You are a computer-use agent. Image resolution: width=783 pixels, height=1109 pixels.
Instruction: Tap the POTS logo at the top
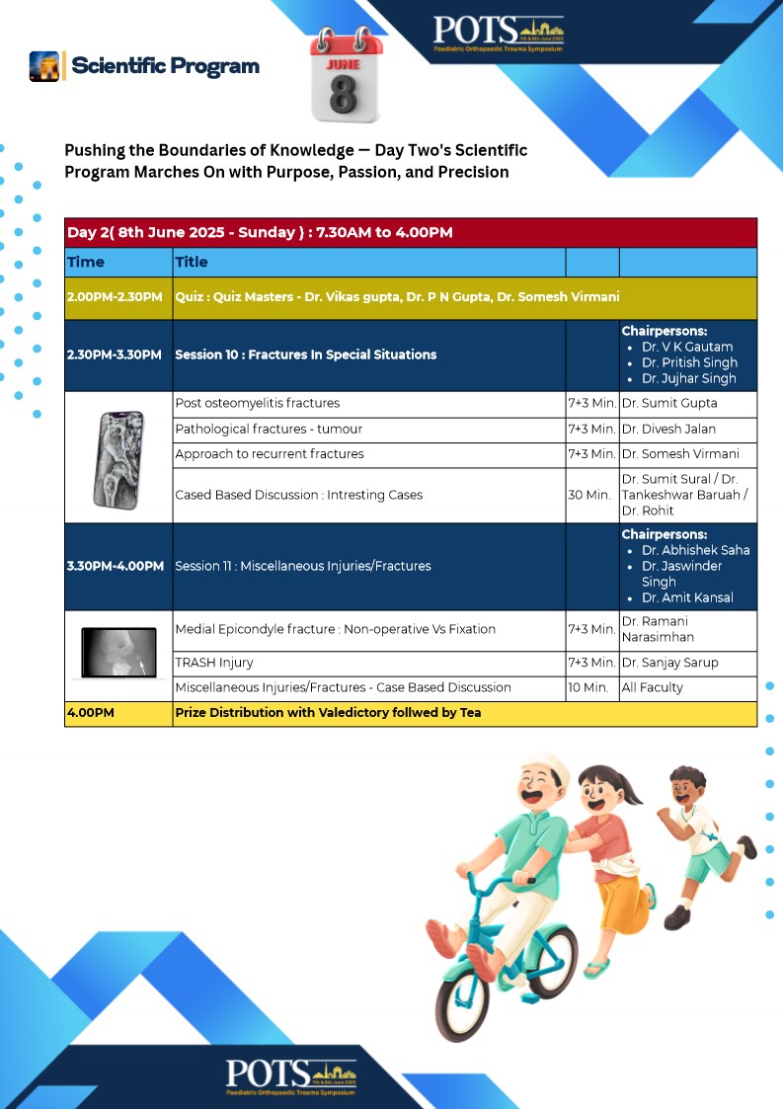(499, 33)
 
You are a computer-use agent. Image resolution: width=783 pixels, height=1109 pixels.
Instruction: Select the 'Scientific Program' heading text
(165, 66)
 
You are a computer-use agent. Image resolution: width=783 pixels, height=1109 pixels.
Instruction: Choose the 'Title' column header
(192, 263)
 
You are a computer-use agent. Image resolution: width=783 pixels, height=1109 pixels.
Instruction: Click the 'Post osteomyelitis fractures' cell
(257, 403)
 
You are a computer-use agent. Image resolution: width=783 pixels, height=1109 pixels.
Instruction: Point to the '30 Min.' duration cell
(589, 495)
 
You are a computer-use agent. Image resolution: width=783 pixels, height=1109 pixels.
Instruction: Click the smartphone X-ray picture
(117, 456)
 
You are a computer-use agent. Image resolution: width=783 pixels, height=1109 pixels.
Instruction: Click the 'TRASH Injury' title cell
(214, 664)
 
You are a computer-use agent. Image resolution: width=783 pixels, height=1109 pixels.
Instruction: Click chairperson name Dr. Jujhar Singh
(688, 379)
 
